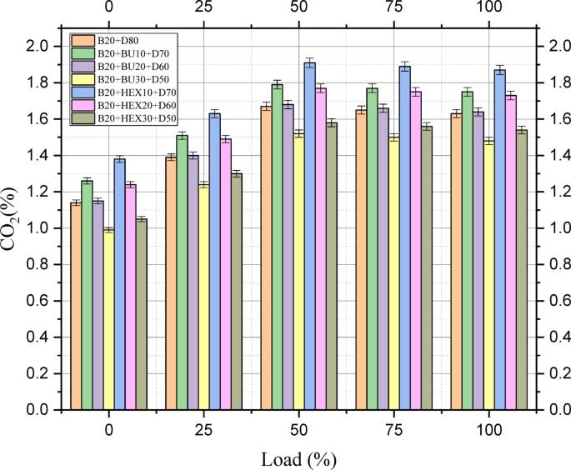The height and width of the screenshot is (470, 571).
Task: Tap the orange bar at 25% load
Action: (x=171, y=282)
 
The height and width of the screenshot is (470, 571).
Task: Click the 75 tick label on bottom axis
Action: (x=393, y=431)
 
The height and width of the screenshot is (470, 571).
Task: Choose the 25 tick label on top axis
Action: (x=203, y=8)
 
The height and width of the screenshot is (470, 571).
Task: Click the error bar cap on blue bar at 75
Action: (x=404, y=62)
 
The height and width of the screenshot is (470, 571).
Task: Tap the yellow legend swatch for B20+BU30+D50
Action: (x=83, y=80)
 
